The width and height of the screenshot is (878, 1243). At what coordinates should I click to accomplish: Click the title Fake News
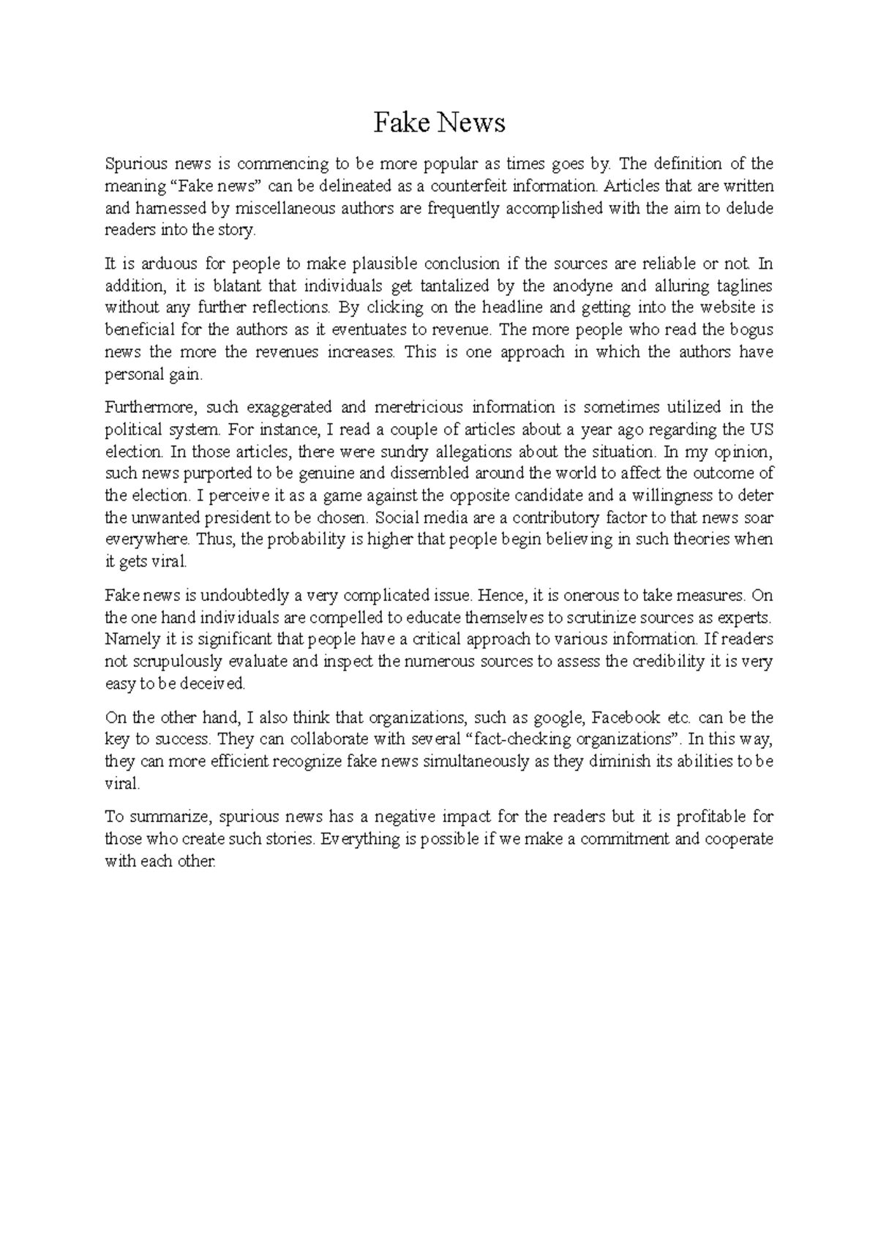[439, 123]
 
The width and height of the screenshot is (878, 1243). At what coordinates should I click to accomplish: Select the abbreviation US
[761, 429]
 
